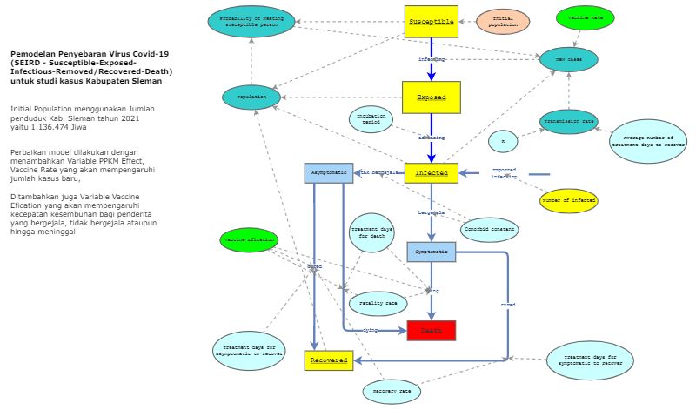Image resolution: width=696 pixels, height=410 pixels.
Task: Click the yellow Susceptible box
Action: pyautogui.click(x=432, y=21)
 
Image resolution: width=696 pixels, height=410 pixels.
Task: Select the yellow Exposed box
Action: pyautogui.click(x=431, y=97)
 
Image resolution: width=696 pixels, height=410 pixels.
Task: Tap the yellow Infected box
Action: pyautogui.click(x=431, y=172)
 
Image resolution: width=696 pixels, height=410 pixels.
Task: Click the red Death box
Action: pyautogui.click(x=431, y=330)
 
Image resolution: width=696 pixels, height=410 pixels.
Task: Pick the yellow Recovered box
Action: pyautogui.click(x=329, y=359)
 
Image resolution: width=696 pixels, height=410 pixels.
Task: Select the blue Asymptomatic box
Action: pyautogui.click(x=329, y=172)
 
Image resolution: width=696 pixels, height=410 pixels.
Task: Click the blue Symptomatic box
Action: pyautogui.click(x=431, y=252)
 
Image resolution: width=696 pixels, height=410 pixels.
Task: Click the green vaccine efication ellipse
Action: pyautogui.click(x=248, y=239)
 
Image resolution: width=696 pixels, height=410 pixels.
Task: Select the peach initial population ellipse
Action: pyautogui.click(x=502, y=20)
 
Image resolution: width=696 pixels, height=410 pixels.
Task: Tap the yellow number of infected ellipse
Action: pyautogui.click(x=569, y=200)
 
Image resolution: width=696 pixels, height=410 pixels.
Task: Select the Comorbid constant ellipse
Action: pyautogui.click(x=490, y=230)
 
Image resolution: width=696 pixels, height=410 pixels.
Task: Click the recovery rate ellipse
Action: pyautogui.click(x=391, y=392)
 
